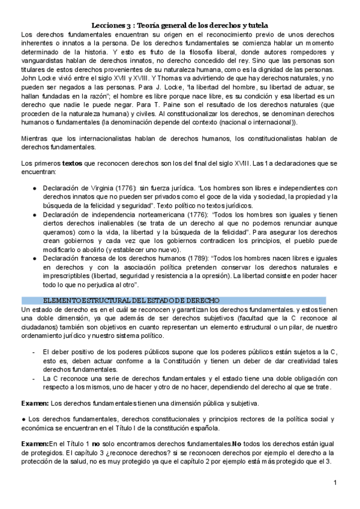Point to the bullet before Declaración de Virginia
coord(35,188)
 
